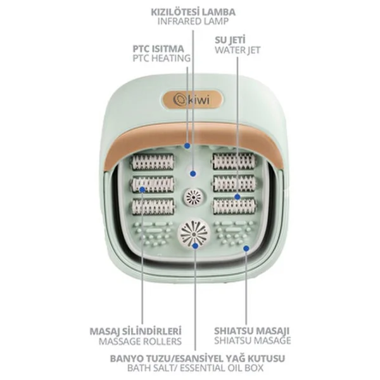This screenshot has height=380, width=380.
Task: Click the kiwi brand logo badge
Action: pos(192,99)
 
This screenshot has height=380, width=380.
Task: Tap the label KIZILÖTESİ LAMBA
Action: pos(193,12)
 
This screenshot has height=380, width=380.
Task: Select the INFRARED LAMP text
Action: pos(193,22)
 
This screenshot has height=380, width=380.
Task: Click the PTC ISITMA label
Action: pos(158,49)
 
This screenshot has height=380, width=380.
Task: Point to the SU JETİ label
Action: pos(230,41)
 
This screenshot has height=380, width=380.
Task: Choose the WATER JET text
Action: pos(237,50)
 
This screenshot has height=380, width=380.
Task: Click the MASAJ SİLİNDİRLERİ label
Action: pos(136,331)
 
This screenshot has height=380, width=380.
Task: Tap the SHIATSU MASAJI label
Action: pos(252,331)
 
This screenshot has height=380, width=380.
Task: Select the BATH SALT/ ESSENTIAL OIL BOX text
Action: pos(195,368)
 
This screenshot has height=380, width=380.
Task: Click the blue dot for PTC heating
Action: pos(187,146)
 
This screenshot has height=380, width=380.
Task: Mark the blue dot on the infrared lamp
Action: pos(193,174)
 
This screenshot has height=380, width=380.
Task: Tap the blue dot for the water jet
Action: pos(237,197)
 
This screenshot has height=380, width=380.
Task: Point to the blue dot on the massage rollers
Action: pos(142,189)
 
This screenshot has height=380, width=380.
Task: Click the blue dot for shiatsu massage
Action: pos(246,248)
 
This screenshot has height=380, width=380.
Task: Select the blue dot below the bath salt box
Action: pos(195,246)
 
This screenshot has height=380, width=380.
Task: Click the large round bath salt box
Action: pos(194,232)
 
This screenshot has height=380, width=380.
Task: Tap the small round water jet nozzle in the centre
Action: pos(194,197)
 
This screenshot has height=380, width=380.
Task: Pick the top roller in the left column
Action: pos(153,162)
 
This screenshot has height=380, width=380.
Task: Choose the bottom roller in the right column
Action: pos(234,206)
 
